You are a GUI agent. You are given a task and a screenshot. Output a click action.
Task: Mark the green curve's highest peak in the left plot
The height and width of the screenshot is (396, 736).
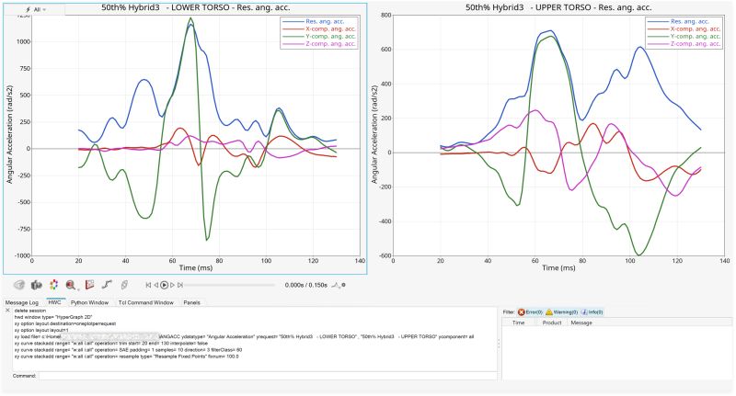coord(190,18)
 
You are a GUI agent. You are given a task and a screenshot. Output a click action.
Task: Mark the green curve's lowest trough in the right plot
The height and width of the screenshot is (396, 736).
coord(638,255)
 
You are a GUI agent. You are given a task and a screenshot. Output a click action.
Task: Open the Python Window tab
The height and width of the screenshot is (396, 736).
coord(89,301)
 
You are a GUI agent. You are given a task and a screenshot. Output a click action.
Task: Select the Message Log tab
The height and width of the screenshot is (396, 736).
coord(22,301)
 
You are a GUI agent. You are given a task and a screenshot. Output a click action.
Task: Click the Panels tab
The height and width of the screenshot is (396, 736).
coord(191,301)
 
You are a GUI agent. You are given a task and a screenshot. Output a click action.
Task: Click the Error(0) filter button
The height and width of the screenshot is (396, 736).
coord(531,311)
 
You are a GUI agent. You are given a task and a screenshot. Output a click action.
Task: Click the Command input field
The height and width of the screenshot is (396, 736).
coord(267,376)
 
